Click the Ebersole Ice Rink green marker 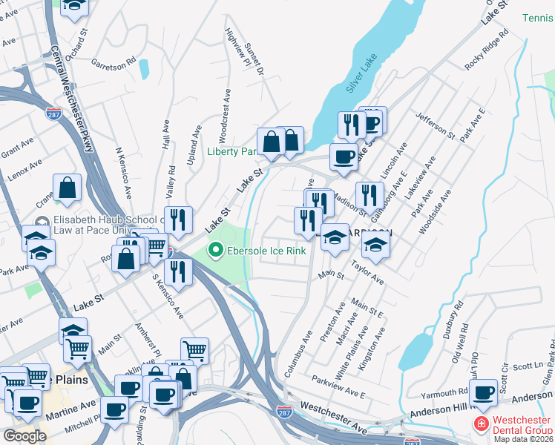coord(216,250)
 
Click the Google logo coord(24,436)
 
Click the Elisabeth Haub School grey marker coord(42,220)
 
